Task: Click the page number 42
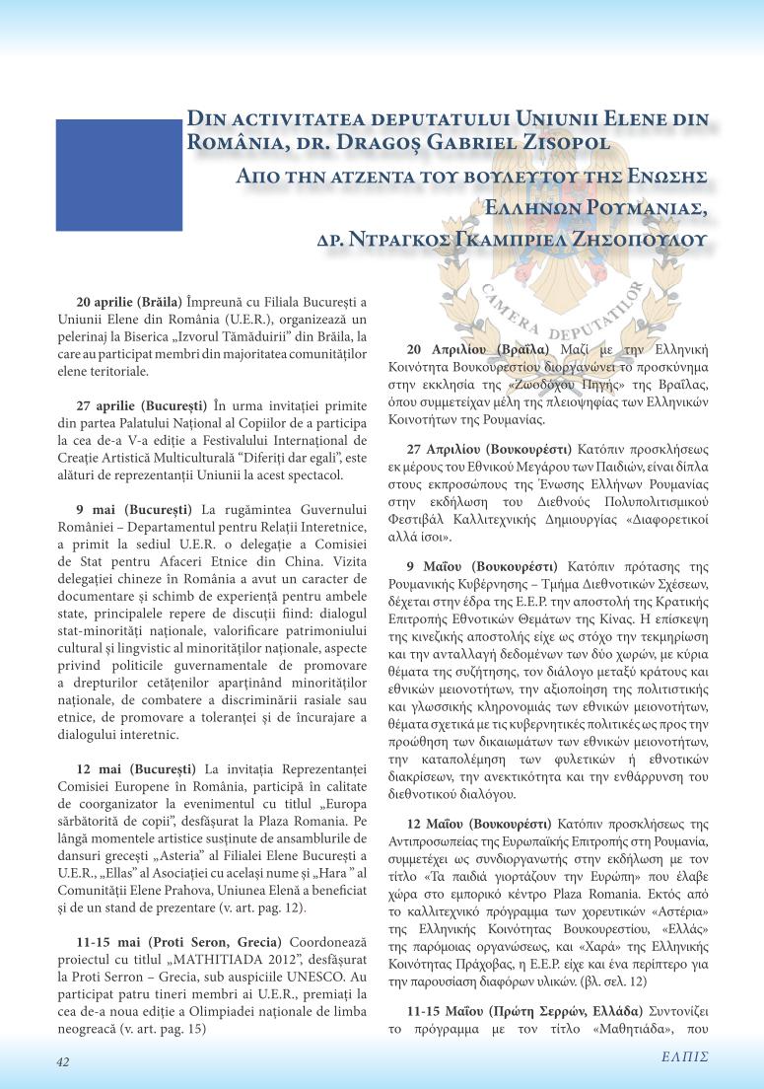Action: [62, 1062]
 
